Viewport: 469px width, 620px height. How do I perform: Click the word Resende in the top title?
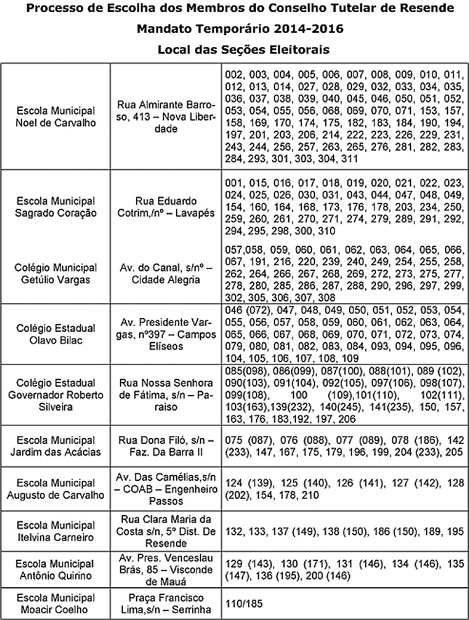[x=427, y=9]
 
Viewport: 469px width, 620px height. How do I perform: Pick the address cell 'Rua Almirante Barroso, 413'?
[x=165, y=116]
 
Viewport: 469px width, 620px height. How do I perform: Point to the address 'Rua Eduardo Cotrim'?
[x=165, y=206]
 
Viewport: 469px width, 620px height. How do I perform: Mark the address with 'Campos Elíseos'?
[x=165, y=334]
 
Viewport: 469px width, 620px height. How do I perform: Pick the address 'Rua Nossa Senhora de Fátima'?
[x=165, y=395]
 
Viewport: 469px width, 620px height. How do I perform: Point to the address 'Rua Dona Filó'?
[x=165, y=446]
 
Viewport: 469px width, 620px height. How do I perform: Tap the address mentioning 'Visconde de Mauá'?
[x=165, y=570]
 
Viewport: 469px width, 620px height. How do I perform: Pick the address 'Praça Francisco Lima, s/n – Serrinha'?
[x=165, y=603]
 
